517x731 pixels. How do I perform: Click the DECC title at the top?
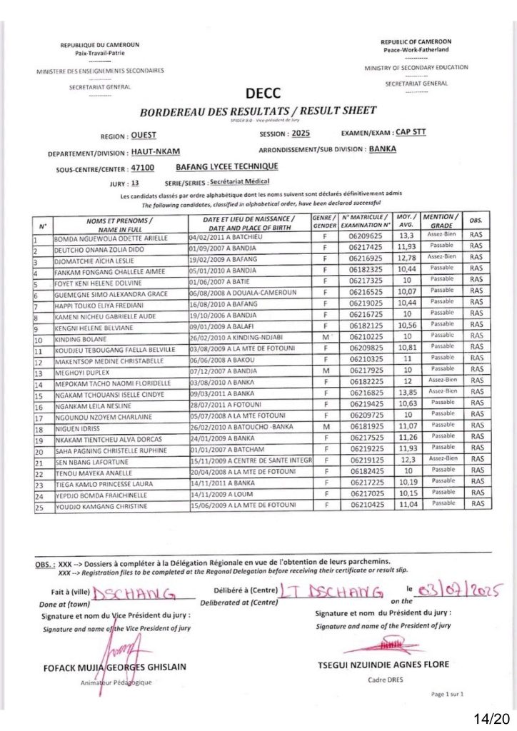click(x=263, y=94)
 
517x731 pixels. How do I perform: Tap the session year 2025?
click(x=300, y=133)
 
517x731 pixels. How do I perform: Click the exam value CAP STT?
click(x=411, y=132)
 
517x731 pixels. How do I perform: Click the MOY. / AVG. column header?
click(x=406, y=220)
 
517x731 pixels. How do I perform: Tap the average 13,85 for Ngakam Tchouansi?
click(x=406, y=393)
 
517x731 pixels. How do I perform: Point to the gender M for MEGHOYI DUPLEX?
click(x=325, y=370)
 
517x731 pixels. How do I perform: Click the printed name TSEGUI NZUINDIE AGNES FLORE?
click(x=383, y=665)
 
